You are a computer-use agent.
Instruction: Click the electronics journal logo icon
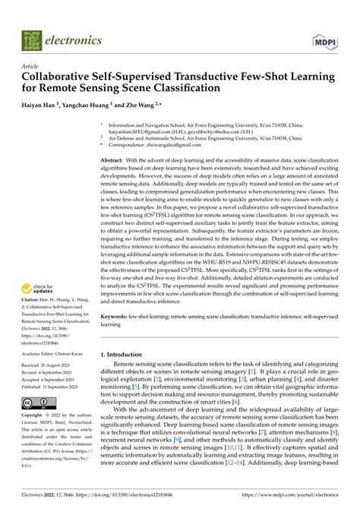pyautogui.click(x=32, y=36)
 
